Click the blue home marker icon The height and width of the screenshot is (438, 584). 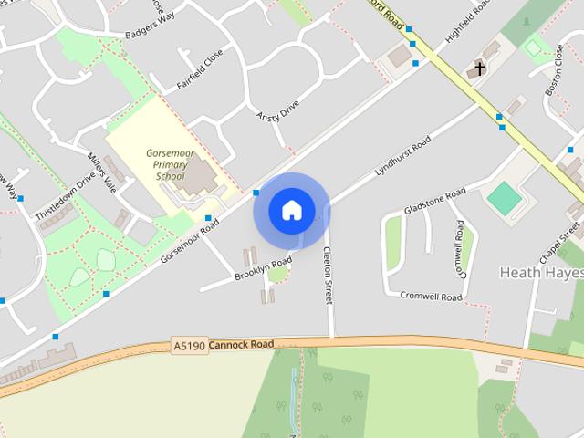291,211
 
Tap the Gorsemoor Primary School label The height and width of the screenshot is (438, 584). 171,162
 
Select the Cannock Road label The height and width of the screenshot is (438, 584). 241,345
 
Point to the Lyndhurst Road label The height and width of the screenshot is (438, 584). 402,157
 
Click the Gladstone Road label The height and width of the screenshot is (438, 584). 434,201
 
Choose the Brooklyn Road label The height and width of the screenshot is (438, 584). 263,267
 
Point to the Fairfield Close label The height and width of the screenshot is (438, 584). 200,70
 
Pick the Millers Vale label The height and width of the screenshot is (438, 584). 102,171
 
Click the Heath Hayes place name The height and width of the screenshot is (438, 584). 541,273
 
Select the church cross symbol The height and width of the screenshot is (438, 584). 479,69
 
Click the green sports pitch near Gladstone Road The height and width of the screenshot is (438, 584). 504,198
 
